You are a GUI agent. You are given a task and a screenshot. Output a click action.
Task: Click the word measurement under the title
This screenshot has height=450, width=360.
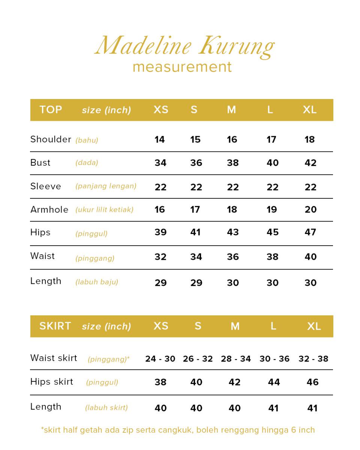coord(182,67)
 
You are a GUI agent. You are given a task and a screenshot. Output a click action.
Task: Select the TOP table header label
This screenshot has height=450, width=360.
coord(51,109)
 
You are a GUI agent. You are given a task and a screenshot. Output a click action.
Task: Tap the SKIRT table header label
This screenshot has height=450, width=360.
coord(55,326)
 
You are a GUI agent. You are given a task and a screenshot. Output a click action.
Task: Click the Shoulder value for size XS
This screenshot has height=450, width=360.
coord(159,139)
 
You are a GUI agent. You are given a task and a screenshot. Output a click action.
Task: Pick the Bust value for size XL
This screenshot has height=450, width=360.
coord(310,163)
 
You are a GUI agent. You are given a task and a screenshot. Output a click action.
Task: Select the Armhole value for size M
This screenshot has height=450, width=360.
coord(232,210)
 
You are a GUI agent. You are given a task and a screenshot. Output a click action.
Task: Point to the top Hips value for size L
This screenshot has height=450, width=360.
coord(272,232)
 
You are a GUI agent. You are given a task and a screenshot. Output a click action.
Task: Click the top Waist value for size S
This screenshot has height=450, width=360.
coord(196,257)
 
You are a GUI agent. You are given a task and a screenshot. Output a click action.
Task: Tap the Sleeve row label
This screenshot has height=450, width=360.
coord(45,186)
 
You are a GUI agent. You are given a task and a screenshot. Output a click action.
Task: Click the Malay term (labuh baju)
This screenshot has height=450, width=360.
coord(97,282)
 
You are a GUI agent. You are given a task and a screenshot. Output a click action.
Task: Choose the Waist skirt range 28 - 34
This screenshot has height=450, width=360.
coord(235,359)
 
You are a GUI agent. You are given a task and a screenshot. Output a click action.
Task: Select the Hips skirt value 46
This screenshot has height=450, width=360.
coord(312,382)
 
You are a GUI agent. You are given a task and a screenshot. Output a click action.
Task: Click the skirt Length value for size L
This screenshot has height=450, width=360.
coord(273,408)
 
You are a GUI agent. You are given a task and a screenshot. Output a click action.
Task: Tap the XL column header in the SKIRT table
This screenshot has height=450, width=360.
coord(314,326)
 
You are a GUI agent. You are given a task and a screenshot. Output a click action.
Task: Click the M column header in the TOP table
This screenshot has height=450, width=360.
coord(231,110)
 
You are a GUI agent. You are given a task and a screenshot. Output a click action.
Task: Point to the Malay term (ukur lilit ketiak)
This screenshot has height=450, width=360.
coord(104,210)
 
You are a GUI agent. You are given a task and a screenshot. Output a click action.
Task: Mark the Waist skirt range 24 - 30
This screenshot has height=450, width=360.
coord(160,359)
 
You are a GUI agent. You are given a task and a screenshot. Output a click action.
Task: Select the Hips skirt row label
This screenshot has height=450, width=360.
coord(52,382)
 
